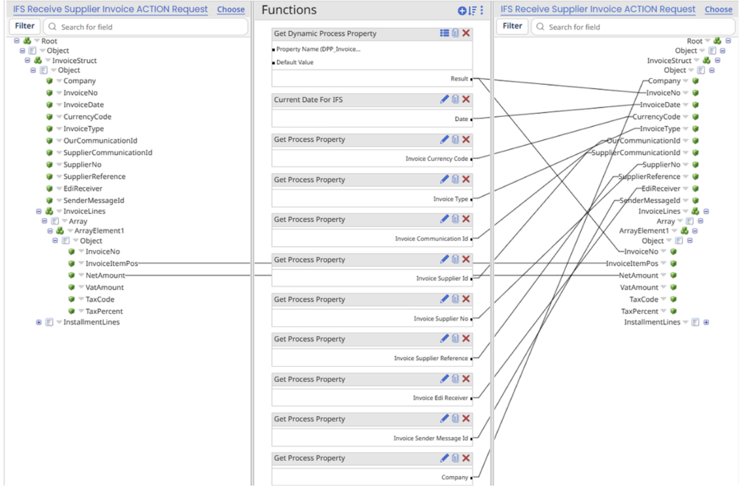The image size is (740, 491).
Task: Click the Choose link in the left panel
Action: [x=231, y=9]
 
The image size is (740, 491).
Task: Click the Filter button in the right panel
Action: [x=512, y=26]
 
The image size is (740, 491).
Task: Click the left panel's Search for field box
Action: [x=145, y=27]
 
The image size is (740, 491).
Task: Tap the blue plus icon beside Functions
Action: [x=462, y=11]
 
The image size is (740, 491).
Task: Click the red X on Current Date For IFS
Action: [x=466, y=99]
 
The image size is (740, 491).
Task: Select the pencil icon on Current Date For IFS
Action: [x=444, y=99]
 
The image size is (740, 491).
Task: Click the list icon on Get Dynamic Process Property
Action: [x=444, y=33]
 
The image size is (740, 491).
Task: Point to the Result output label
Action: [x=459, y=79]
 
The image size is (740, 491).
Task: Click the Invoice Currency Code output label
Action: [x=437, y=159]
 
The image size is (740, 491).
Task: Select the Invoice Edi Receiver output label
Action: [x=440, y=398]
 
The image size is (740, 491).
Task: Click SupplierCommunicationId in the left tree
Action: [x=107, y=152]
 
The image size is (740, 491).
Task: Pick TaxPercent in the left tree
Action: [x=104, y=311]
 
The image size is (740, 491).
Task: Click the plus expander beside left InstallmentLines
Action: [x=39, y=322]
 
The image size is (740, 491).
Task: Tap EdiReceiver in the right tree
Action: [x=661, y=188]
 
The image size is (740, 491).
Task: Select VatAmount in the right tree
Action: [x=639, y=287]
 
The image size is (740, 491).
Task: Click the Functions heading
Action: [x=289, y=10]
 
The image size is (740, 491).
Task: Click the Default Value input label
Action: [x=295, y=62]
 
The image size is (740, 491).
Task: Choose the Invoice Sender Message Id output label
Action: [x=431, y=438]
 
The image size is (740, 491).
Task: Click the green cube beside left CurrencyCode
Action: [x=50, y=117]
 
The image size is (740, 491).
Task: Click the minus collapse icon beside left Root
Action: [x=17, y=41]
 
